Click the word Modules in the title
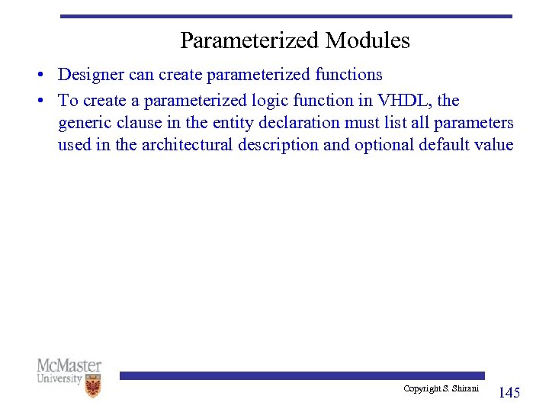(x=368, y=40)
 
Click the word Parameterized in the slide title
(x=250, y=40)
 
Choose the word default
(x=445, y=145)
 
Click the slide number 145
(x=509, y=393)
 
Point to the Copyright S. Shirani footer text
(x=441, y=389)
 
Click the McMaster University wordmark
(x=69, y=372)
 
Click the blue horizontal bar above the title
(x=286, y=16)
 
